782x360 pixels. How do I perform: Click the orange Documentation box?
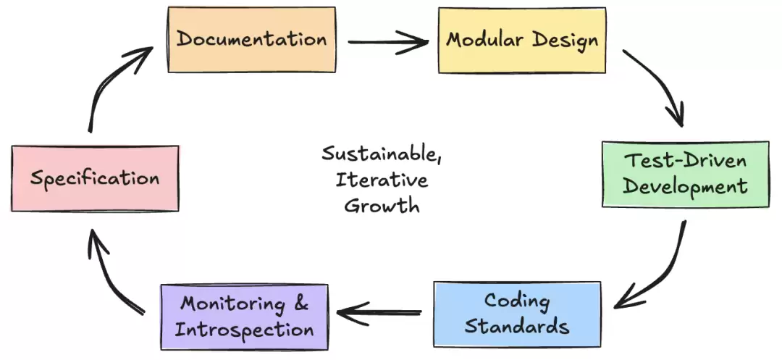pyautogui.click(x=251, y=40)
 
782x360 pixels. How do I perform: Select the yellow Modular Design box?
pyautogui.click(x=521, y=40)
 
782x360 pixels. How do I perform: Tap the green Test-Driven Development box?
pyautogui.click(x=685, y=175)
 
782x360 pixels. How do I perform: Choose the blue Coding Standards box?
pyautogui.click(x=517, y=314)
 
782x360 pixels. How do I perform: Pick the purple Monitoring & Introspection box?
pyautogui.click(x=245, y=317)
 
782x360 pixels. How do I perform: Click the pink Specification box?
pyautogui.click(x=95, y=178)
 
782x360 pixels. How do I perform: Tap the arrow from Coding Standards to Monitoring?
pyautogui.click(x=380, y=313)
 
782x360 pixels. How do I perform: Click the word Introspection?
pyautogui.click(x=245, y=330)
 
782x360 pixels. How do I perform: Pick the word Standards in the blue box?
pyautogui.click(x=517, y=326)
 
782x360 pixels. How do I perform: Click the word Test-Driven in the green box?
pyautogui.click(x=685, y=162)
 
